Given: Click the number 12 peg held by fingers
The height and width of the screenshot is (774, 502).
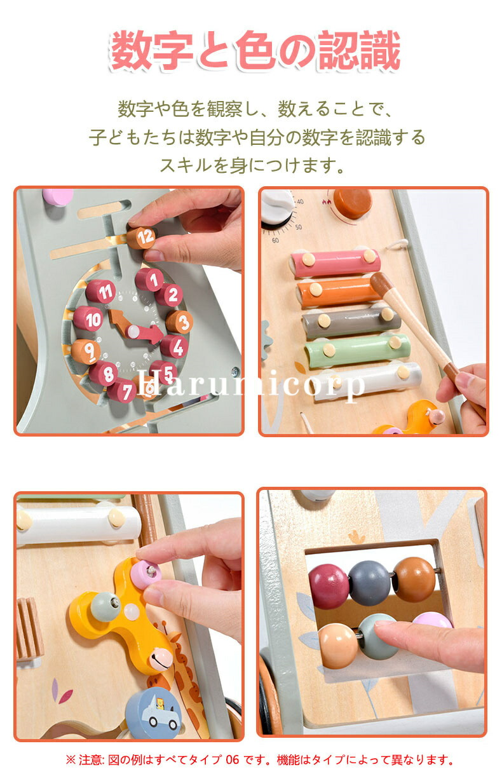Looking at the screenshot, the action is pos(141,237).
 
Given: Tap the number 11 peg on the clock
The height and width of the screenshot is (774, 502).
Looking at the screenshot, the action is pos(101,291).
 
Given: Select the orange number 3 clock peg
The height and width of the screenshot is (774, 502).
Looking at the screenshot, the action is pos(179,322).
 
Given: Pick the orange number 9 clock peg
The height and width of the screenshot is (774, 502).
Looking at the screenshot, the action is pos(86,351).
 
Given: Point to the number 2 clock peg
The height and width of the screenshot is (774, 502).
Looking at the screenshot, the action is pos(169,295).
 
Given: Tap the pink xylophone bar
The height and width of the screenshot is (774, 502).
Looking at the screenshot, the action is pos(335,263).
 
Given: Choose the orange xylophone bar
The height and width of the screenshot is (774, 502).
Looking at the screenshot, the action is pos(339,292).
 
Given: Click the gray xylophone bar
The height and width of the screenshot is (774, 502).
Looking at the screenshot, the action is pos(351,322).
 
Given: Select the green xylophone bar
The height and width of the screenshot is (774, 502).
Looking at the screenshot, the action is pos(358,350).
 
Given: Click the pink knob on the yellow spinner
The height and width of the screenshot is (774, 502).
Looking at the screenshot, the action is pos(146,574).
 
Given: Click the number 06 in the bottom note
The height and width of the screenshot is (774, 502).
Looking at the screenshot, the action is pos(232,759).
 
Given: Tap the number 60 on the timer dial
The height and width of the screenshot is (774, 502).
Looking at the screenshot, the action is pos(275,240).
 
